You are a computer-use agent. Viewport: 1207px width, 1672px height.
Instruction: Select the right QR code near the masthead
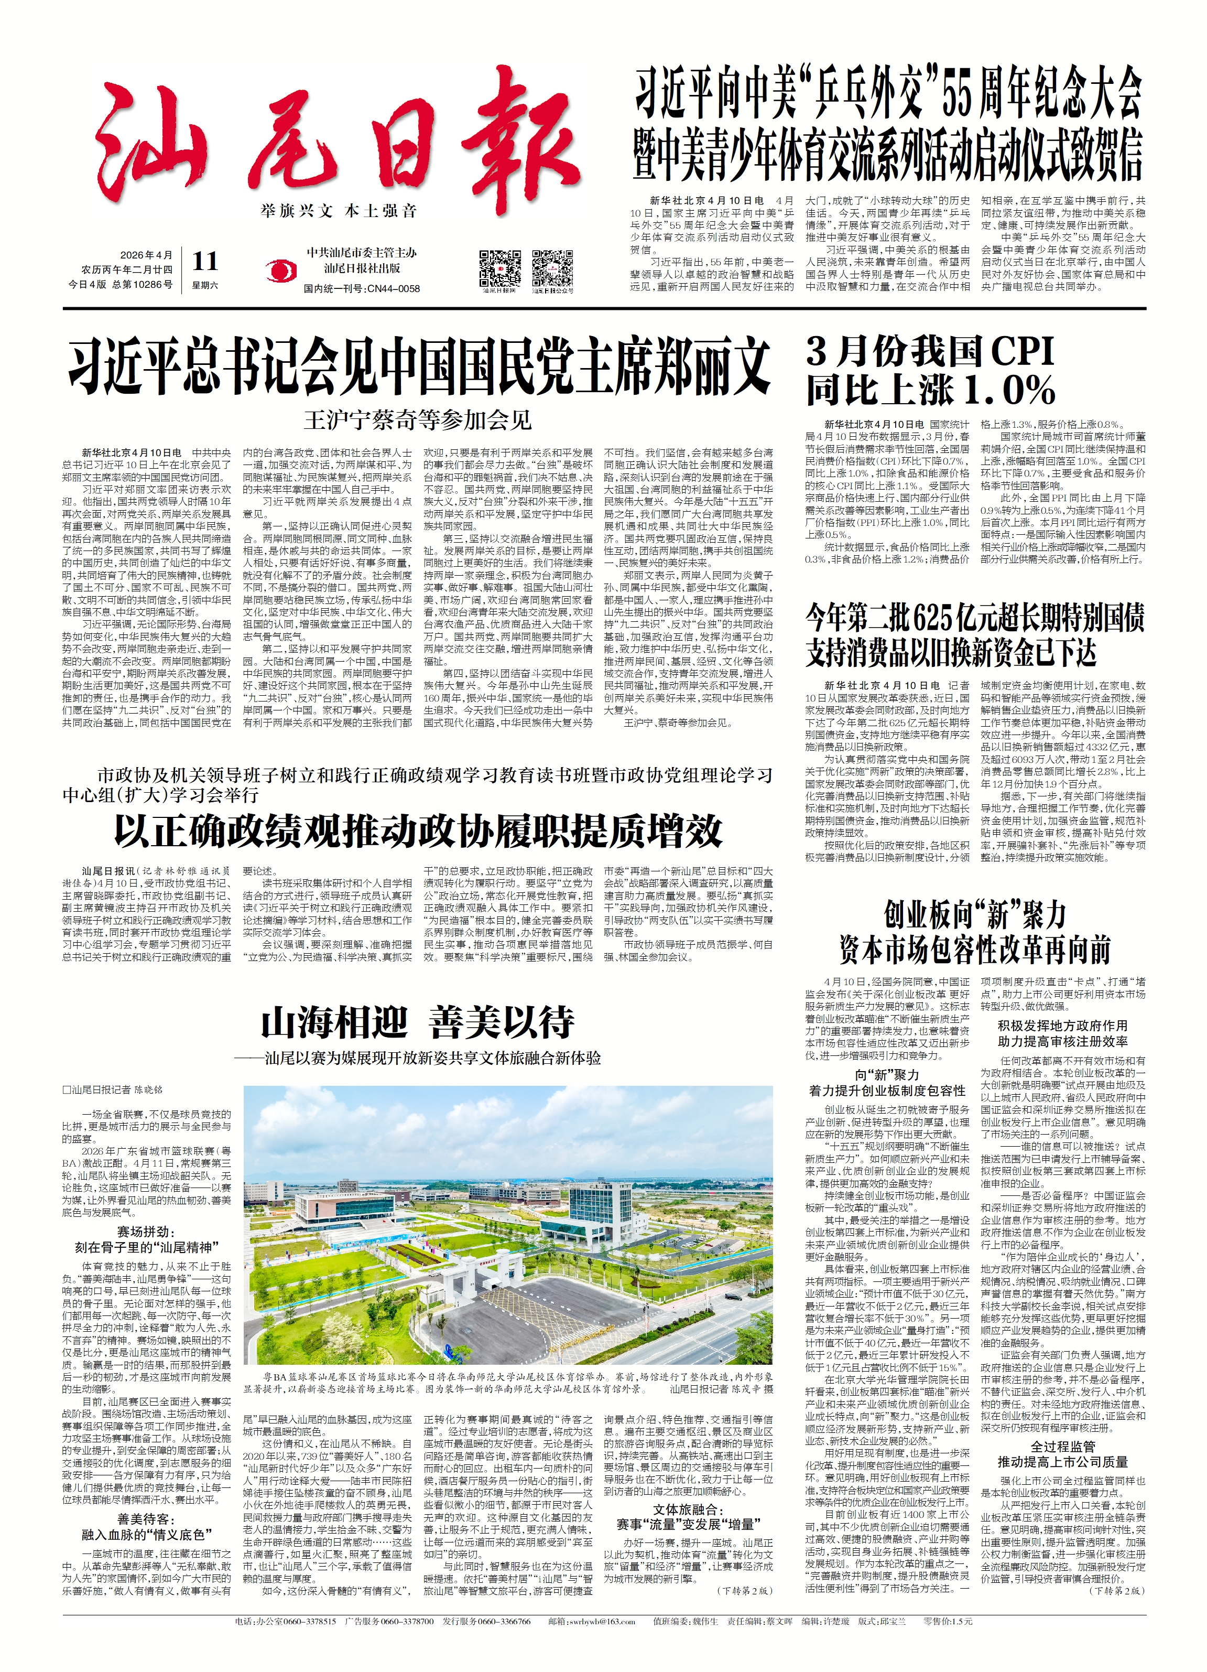[x=552, y=268]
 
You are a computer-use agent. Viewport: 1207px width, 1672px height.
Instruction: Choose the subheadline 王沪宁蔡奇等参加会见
[x=418, y=420]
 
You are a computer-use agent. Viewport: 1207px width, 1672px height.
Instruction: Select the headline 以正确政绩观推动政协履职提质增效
[x=418, y=831]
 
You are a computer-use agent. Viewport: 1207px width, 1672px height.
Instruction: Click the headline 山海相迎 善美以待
[x=418, y=1022]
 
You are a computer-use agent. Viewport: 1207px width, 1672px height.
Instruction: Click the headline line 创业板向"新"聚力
[x=974, y=915]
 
